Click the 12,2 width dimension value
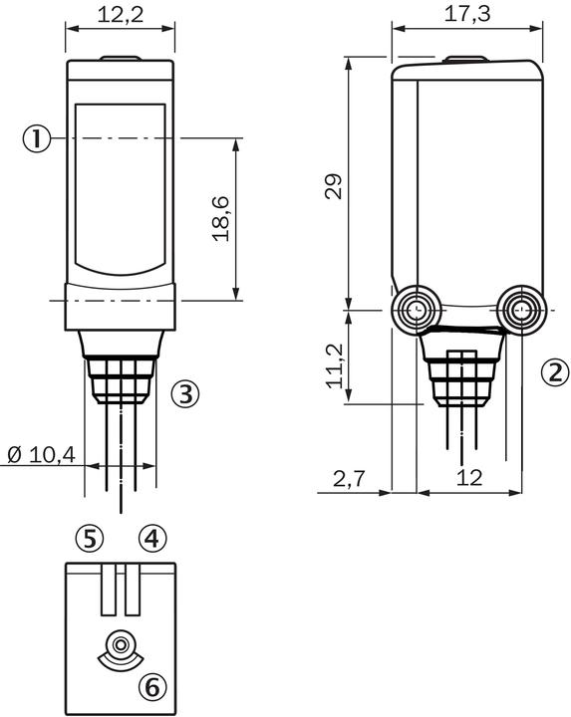click(121, 15)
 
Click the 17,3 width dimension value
click(467, 14)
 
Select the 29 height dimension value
click(334, 186)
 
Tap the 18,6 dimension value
click(220, 218)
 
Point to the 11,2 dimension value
click(335, 366)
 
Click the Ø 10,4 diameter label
click(42, 455)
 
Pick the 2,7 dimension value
click(349, 479)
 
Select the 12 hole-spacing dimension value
click(469, 478)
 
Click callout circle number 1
click(37, 138)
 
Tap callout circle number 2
click(555, 372)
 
